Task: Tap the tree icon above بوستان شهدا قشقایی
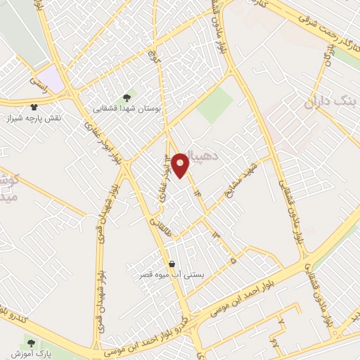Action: (127, 98)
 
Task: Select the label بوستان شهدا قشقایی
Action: (128, 110)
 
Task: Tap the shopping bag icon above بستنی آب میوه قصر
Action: (172, 264)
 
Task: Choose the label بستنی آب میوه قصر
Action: (173, 276)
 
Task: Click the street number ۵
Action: (233, 259)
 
